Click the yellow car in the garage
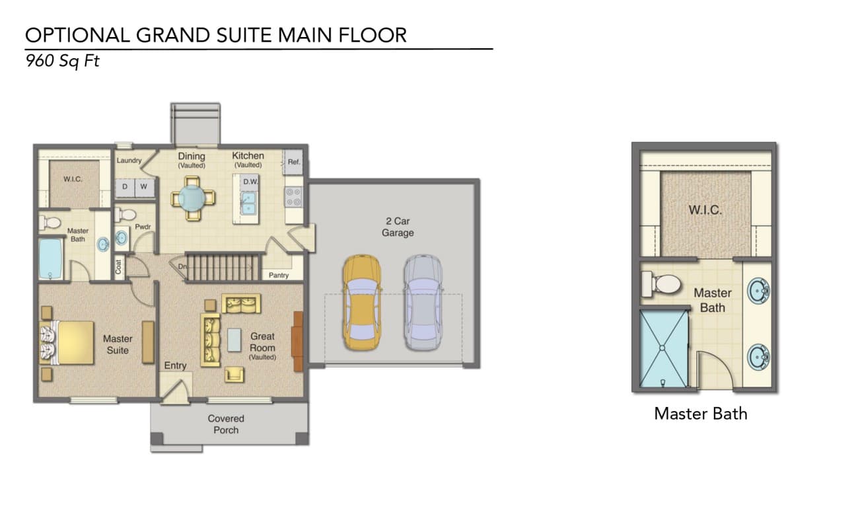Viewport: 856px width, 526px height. [x=362, y=303]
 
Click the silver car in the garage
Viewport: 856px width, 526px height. [x=423, y=303]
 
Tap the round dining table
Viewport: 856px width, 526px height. [x=192, y=198]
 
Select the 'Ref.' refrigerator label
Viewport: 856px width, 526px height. [x=294, y=162]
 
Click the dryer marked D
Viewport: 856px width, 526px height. [x=125, y=186]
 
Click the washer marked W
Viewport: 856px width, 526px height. [x=144, y=186]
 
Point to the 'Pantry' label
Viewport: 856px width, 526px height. [x=279, y=276]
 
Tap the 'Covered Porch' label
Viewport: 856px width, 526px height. [x=226, y=424]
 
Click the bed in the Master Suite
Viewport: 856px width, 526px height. [x=67, y=342]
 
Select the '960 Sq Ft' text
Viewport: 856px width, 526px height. [x=62, y=61]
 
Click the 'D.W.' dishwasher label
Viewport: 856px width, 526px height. [x=251, y=182]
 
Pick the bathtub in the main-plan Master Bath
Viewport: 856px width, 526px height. [x=50, y=259]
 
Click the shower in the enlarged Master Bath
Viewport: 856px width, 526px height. [x=663, y=349]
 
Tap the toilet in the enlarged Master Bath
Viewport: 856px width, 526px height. [x=661, y=284]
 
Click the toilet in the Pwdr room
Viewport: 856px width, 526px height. [x=125, y=215]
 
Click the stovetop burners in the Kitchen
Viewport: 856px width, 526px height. [x=293, y=197]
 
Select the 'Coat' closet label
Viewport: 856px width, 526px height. [x=118, y=266]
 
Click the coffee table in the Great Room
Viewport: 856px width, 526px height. [x=234, y=340]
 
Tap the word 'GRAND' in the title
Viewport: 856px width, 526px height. [x=174, y=35]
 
